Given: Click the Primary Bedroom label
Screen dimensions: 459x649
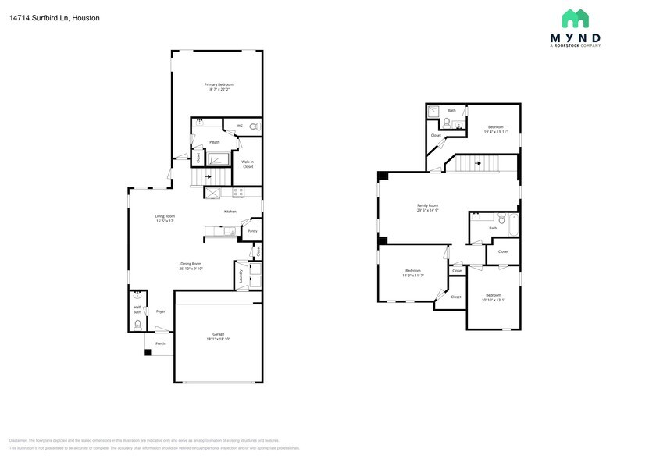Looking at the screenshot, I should pyautogui.click(x=219, y=84).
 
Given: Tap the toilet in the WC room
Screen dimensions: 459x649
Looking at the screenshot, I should pyautogui.click(x=255, y=126).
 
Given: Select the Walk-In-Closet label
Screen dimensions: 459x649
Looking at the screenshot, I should pyautogui.click(x=248, y=164).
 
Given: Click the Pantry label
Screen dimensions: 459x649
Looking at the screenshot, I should pyautogui.click(x=252, y=231).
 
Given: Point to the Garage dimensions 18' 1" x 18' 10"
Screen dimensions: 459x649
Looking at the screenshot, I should pyautogui.click(x=218, y=339).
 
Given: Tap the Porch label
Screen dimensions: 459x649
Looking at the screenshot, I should pyautogui.click(x=160, y=343).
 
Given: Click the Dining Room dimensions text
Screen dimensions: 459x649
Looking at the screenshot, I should pyautogui.click(x=191, y=269).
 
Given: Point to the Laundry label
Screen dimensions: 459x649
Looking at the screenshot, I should pyautogui.click(x=241, y=276).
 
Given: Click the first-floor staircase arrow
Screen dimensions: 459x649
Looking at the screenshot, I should pyautogui.click(x=207, y=178).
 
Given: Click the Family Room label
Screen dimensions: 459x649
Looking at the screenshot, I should pyautogui.click(x=427, y=205).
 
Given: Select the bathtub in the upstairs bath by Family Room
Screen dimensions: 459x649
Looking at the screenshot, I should pyautogui.click(x=515, y=226).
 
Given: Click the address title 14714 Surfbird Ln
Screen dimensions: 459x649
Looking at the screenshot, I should pyautogui.click(x=55, y=17).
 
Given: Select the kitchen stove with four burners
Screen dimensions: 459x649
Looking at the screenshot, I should pyautogui.click(x=237, y=191).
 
